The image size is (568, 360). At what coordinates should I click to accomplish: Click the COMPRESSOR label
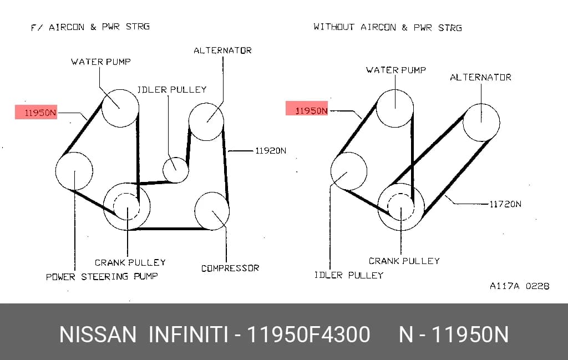[x=230, y=268]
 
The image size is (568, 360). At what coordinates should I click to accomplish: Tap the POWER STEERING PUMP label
[x=102, y=277]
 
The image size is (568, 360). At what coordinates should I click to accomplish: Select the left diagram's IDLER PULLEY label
[x=172, y=89]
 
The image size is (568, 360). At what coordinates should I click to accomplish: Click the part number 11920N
[x=271, y=151]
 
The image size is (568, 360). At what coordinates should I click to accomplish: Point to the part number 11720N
[x=505, y=204]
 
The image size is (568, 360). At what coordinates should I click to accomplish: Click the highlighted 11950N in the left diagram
[x=36, y=112]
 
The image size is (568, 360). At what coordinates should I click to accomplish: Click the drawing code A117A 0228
[x=519, y=286]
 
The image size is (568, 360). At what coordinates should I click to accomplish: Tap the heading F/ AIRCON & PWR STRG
[x=90, y=27]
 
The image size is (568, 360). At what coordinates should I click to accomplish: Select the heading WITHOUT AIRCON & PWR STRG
[x=388, y=27]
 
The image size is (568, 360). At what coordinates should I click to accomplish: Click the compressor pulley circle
[x=229, y=211]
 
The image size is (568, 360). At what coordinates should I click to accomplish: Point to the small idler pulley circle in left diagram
[x=163, y=170]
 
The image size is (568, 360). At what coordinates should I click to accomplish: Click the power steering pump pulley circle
[x=56, y=171]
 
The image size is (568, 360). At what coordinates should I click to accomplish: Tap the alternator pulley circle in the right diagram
[x=500, y=123]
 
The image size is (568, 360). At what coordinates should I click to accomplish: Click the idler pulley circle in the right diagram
[x=331, y=171]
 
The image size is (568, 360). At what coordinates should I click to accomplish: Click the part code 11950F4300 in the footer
[x=308, y=334]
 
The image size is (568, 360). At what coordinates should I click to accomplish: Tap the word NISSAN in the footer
[x=98, y=334]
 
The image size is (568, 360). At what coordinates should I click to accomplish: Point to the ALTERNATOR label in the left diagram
[x=222, y=50]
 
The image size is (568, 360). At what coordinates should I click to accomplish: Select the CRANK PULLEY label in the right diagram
[x=404, y=261]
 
